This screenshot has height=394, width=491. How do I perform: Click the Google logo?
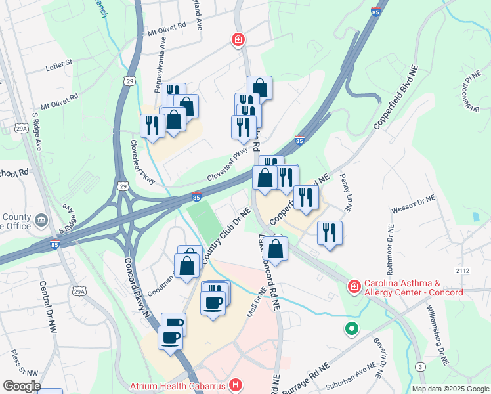coord(21,385)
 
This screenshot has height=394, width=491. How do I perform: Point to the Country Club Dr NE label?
coord(226,237)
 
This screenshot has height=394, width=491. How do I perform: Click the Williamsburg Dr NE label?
coord(437,336)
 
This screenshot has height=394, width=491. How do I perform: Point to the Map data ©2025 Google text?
coord(450,389)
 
